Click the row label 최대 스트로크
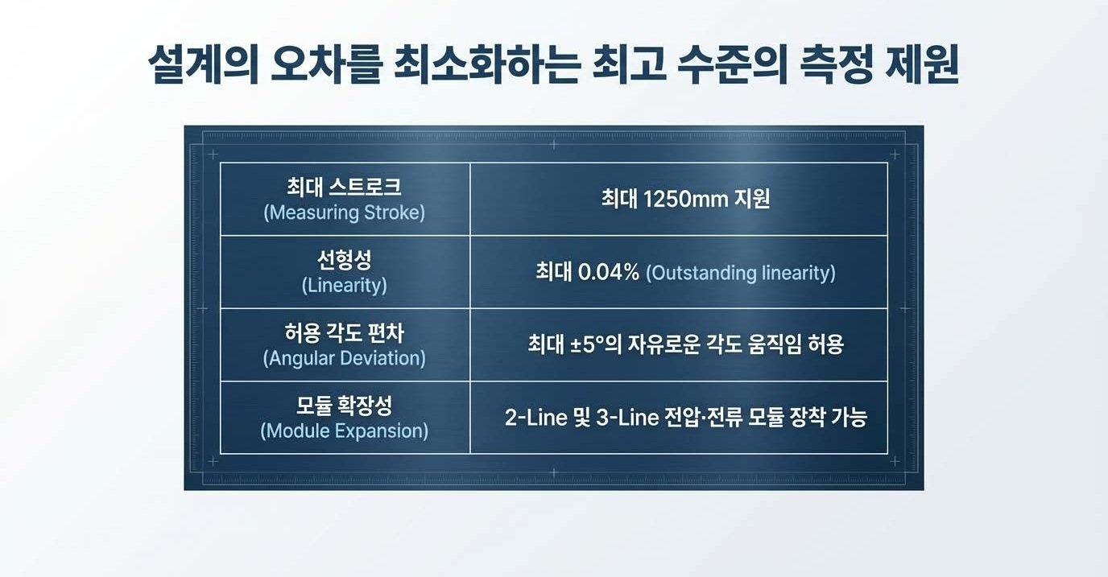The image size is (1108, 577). pyautogui.click(x=344, y=188)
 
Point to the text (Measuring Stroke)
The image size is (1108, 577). pyautogui.click(x=344, y=213)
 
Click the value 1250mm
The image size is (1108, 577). pyautogui.click(x=685, y=199)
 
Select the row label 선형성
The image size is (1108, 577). pyautogui.click(x=344, y=261)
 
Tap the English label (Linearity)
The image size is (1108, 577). pyautogui.click(x=344, y=286)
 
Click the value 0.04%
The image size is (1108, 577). pyautogui.click(x=608, y=272)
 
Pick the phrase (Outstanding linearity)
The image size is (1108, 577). pyautogui.click(x=741, y=273)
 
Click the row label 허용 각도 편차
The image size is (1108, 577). pyautogui.click(x=344, y=333)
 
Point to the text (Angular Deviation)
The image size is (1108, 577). pyautogui.click(x=344, y=358)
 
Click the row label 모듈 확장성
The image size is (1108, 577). pyautogui.click(x=344, y=405)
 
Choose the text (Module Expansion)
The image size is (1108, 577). pyautogui.click(x=344, y=431)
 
